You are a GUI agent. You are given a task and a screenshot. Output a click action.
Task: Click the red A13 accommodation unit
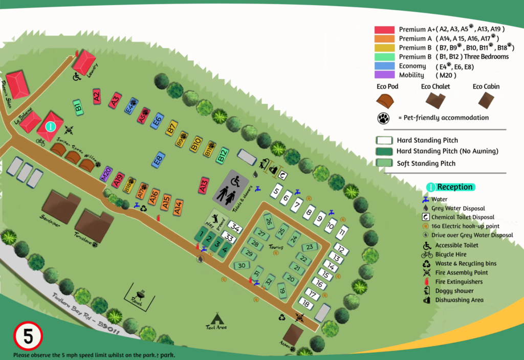coord(204,185)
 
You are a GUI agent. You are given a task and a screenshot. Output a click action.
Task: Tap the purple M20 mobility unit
coord(105,174)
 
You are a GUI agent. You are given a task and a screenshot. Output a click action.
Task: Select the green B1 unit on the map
coord(78,108)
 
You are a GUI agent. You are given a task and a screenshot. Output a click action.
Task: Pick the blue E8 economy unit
coord(159,160)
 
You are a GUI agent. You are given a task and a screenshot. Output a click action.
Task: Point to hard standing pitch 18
coord(305,304)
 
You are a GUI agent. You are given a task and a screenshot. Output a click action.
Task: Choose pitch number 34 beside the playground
coord(235,227)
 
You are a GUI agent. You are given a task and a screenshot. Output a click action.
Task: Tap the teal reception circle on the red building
coord(50,125)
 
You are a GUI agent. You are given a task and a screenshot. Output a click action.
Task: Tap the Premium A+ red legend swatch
coord(384,30)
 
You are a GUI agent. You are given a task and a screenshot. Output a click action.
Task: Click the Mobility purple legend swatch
coord(384,75)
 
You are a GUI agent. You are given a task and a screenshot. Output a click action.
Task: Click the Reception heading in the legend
coord(454,187)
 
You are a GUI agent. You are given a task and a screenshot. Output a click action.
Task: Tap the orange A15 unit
coord(166,202)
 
